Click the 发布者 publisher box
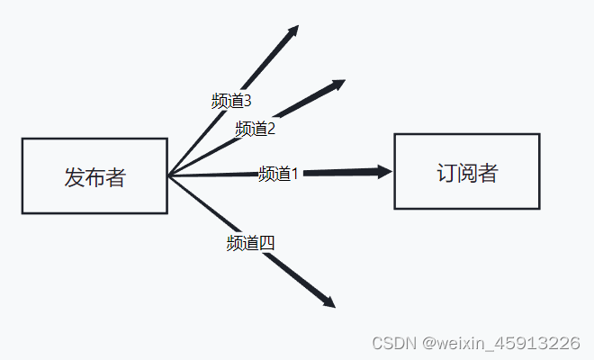tap(94, 176)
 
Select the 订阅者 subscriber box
tap(466, 171)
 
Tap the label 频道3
tap(231, 101)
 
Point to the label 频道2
tap(255, 129)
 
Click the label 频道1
tap(278, 174)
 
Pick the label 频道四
tap(250, 242)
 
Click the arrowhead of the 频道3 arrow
tap(293, 30)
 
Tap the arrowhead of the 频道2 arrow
tap(339, 84)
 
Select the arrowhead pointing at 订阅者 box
tap(386, 171)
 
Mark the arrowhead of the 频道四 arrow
tap(330, 303)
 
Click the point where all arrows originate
tap(168, 175)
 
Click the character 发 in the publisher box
tap(74, 177)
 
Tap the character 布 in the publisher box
tap(94, 177)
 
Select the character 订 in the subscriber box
tap(446, 173)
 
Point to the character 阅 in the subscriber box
tap(467, 173)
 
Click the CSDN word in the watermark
tap(394, 343)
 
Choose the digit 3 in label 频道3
tap(247, 100)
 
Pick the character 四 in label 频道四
tap(266, 242)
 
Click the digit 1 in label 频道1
tap(293, 173)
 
